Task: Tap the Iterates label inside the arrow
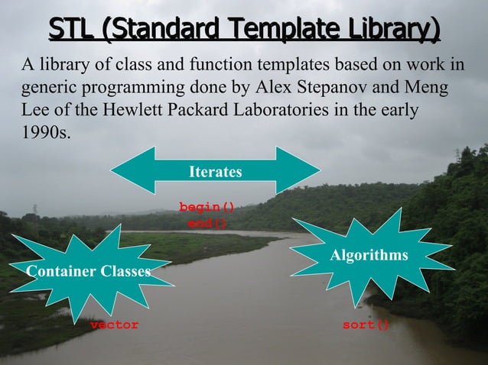point(216,172)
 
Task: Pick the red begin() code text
point(207,207)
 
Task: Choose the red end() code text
point(207,223)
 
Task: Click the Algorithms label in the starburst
point(369,254)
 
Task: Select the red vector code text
point(115,325)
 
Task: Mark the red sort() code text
point(366,325)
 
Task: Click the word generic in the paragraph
point(45,86)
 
